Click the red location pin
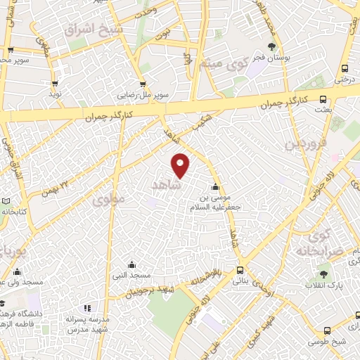pyautogui.click(x=181, y=165)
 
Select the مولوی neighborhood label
pyautogui.click(x=108, y=199)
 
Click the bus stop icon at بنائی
pyautogui.click(x=240, y=270)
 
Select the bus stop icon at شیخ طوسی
pyautogui.click(x=328, y=331)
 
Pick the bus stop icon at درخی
pyautogui.click(x=345, y=68)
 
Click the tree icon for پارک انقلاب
pyautogui.click(x=323, y=275)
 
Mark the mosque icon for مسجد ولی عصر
pyautogui.click(x=17, y=271)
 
